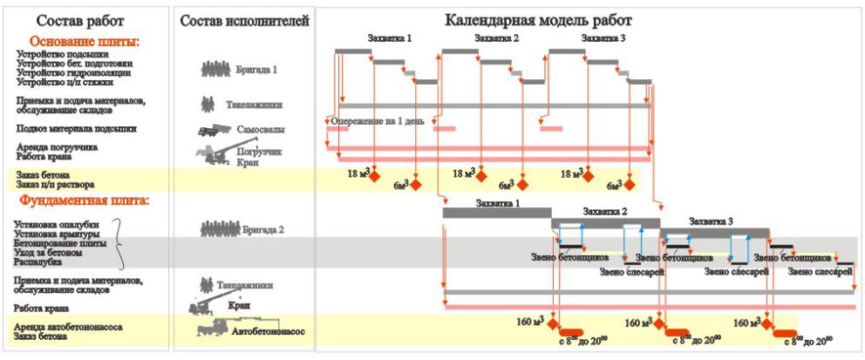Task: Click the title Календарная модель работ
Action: [538, 20]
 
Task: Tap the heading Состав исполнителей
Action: [244, 20]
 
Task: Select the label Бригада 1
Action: [257, 69]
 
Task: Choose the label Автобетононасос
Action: [271, 331]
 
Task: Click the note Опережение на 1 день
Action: [377, 121]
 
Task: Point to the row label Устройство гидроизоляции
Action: [69, 72]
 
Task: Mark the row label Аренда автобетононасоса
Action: [68, 326]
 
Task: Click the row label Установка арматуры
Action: [60, 234]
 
